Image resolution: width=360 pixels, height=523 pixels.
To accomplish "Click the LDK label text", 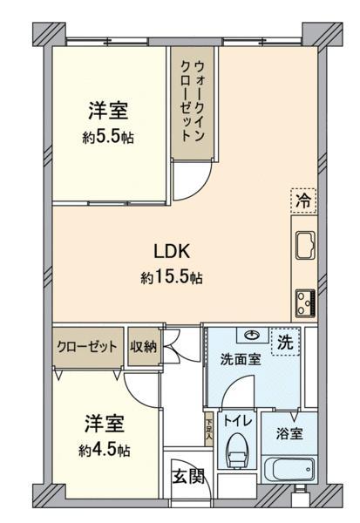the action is tap(172, 251).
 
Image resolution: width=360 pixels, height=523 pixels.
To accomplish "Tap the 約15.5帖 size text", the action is tap(172, 277).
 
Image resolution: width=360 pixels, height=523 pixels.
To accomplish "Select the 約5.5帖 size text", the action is tap(108, 137).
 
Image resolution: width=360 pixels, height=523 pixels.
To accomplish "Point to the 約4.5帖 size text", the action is tap(105, 451).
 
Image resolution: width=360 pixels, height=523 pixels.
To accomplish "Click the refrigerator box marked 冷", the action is tap(303, 200).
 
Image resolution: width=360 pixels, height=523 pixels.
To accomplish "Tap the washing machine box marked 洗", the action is tap(285, 343).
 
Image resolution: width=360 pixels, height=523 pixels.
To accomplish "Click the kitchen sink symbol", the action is tap(305, 245).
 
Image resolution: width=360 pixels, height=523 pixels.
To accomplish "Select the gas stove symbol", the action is tap(305, 303).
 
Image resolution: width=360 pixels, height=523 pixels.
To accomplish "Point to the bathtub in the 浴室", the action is tap(289, 469).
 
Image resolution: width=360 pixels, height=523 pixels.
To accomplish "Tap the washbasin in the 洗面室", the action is tap(253, 335).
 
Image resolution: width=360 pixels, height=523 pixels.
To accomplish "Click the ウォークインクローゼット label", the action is tap(193, 101).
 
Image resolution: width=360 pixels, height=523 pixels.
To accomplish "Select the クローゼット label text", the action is tap(87, 347).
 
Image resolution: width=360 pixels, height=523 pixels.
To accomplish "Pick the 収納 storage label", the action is tap(143, 347).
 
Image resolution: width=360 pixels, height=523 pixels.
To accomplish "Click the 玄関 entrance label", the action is tap(188, 477).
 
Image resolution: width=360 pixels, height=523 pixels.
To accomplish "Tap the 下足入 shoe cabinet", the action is tap(209, 430).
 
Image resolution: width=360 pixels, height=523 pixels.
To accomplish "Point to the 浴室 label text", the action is tap(289, 433).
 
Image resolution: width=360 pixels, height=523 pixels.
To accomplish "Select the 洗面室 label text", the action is tap(241, 359).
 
